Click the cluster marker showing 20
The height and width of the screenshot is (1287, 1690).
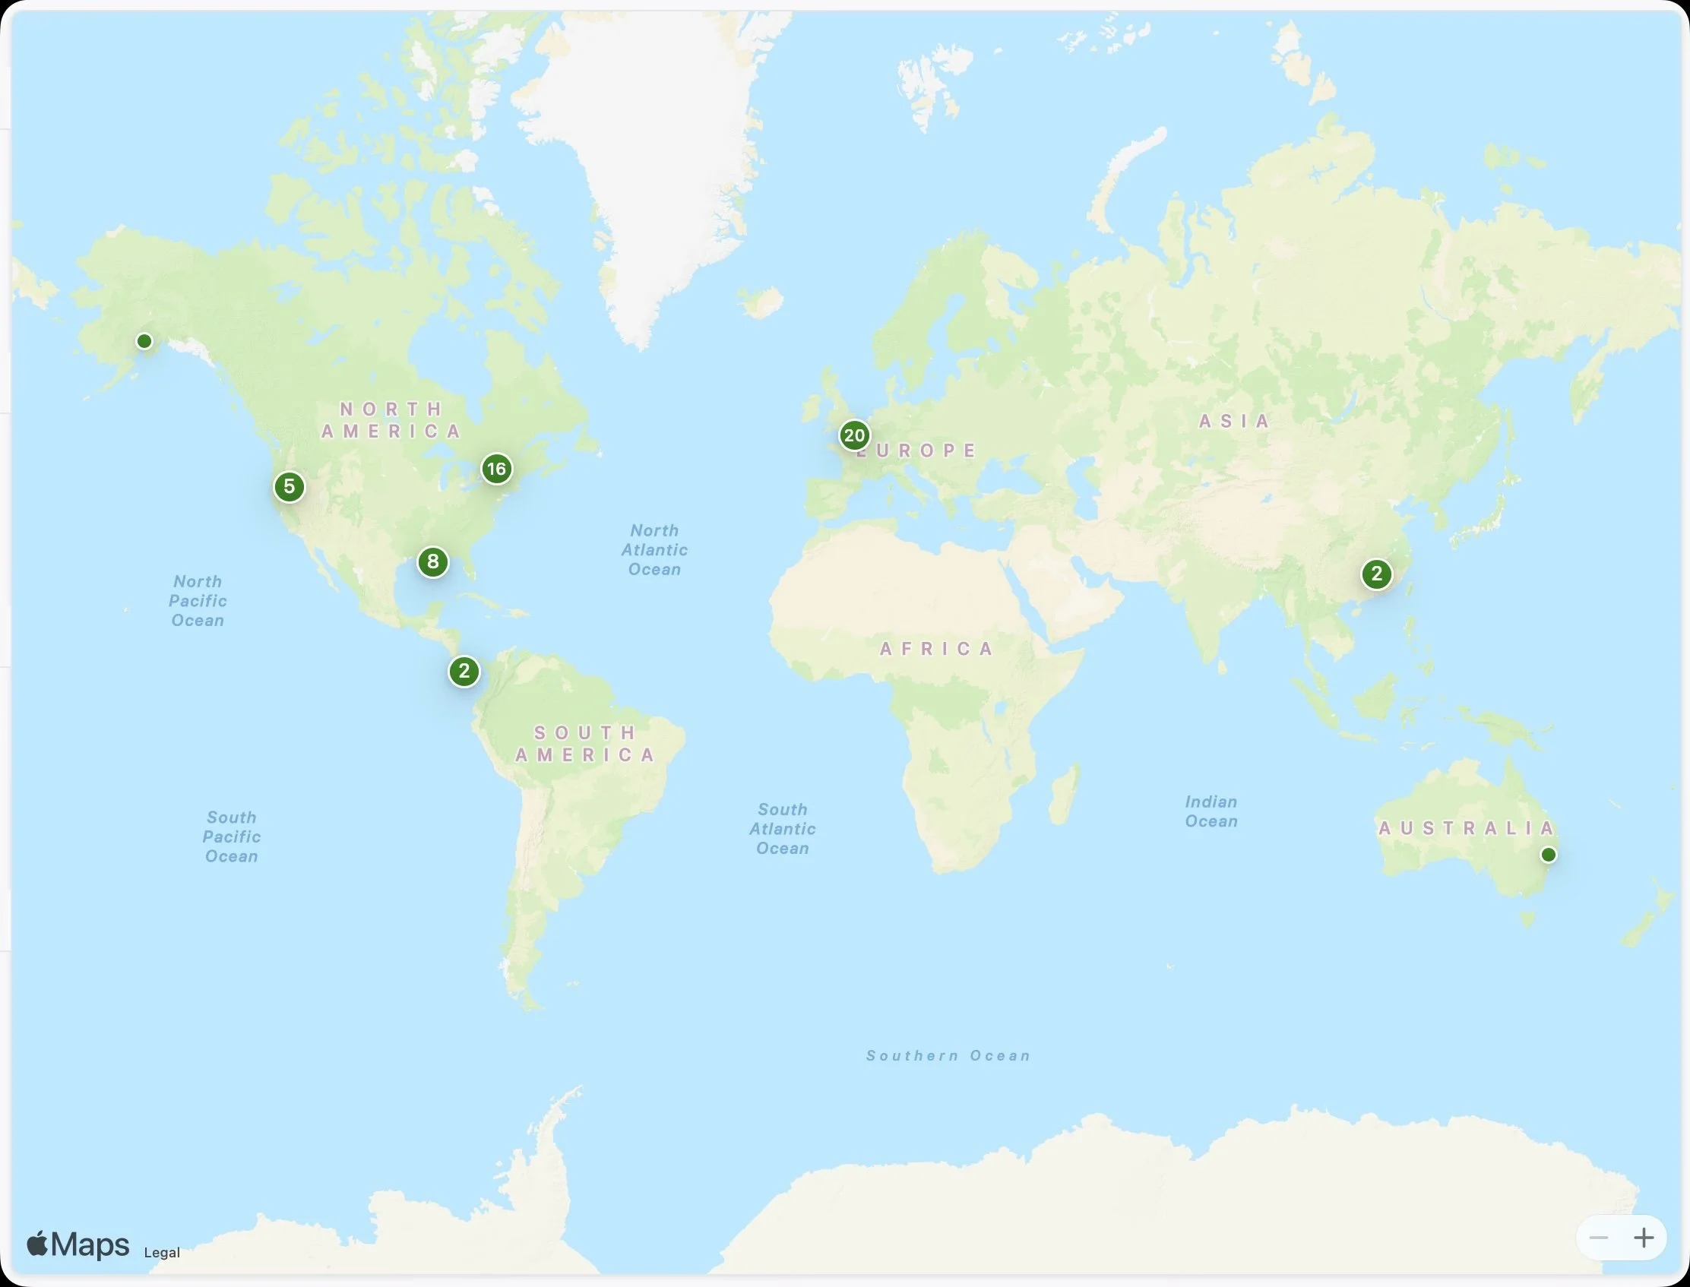[x=853, y=435]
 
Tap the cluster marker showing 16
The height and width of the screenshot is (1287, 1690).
[x=496, y=469]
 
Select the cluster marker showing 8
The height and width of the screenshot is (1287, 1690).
[x=433, y=562]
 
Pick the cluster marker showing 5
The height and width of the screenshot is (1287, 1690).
[x=289, y=486]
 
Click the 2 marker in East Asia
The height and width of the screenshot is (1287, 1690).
[x=1377, y=574]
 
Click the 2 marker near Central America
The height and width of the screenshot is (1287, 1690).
[x=464, y=672]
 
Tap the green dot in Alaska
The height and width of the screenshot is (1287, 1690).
[x=144, y=341]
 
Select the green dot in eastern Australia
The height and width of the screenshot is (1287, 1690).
[x=1548, y=855]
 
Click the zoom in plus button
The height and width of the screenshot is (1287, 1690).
[x=1644, y=1238]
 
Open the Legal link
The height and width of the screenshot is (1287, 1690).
[x=162, y=1253]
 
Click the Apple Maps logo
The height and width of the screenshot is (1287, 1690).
[x=78, y=1245]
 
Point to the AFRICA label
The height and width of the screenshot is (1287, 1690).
[x=936, y=650]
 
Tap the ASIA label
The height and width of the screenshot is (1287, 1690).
[x=1234, y=422]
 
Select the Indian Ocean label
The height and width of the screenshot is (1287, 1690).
[x=1211, y=811]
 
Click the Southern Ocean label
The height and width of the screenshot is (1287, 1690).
[x=948, y=1055]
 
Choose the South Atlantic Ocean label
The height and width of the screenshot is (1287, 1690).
[x=782, y=829]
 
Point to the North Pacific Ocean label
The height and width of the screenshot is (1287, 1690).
[x=198, y=601]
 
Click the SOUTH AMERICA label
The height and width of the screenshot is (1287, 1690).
[x=585, y=744]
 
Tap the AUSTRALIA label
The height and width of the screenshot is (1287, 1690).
[x=1466, y=828]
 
